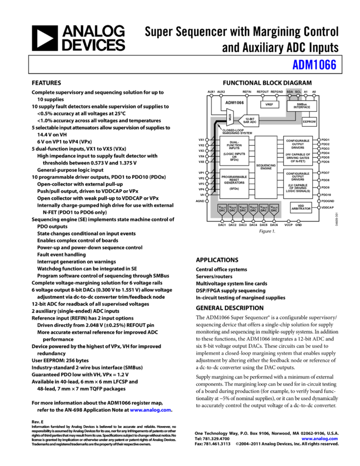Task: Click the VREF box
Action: tap(269, 104)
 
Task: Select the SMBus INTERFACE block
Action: tap(301, 106)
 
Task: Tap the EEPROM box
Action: tap(309, 122)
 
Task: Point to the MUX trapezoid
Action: tap(230, 117)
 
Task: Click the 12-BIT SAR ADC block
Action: tap(249, 120)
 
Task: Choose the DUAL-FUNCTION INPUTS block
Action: tap(234, 151)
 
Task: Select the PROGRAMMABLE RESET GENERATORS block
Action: tap(234, 183)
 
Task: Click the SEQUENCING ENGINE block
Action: tap(266, 167)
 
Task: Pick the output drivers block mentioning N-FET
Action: tap(298, 151)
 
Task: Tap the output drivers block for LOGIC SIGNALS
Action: tap(298, 183)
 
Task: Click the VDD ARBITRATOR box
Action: tap(300, 207)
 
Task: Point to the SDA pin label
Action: tap(290, 92)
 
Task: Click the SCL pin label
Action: tap(298, 92)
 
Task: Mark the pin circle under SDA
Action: tap(290, 96)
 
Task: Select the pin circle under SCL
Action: tap(299, 96)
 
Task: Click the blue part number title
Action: tap(314, 65)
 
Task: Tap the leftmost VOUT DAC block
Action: tap(222, 208)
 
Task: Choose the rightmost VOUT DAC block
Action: tap(273, 208)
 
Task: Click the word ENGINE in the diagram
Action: tap(266, 169)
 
